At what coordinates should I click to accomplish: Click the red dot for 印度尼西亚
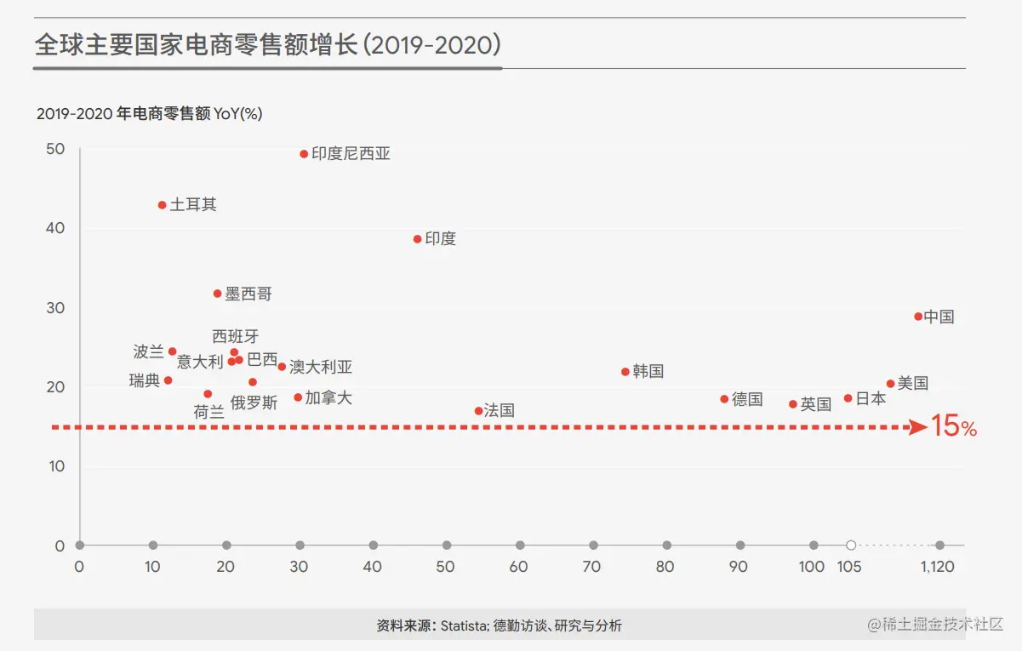pos(304,154)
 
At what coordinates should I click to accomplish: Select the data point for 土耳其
pos(163,205)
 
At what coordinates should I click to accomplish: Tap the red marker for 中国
pos(918,317)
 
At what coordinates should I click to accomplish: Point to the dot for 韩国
pos(625,372)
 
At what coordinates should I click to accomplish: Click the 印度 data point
pos(417,239)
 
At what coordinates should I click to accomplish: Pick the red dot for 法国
pos(478,411)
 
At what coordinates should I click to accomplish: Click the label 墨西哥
pos(248,294)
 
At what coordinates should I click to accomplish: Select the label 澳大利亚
pos(321,368)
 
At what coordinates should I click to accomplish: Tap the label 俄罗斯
pos(254,403)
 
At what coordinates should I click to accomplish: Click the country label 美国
pos(913,384)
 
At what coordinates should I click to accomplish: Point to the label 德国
pos(747,400)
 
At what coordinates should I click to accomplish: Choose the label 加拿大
pos(328,398)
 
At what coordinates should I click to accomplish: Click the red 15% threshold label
pos(954,426)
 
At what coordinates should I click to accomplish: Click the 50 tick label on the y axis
pos(54,149)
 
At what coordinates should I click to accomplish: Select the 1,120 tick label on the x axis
pos(938,567)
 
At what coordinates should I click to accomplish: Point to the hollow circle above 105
pos(850,545)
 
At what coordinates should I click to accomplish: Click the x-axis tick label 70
pos(592,567)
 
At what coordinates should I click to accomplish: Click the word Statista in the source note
pos(465,626)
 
